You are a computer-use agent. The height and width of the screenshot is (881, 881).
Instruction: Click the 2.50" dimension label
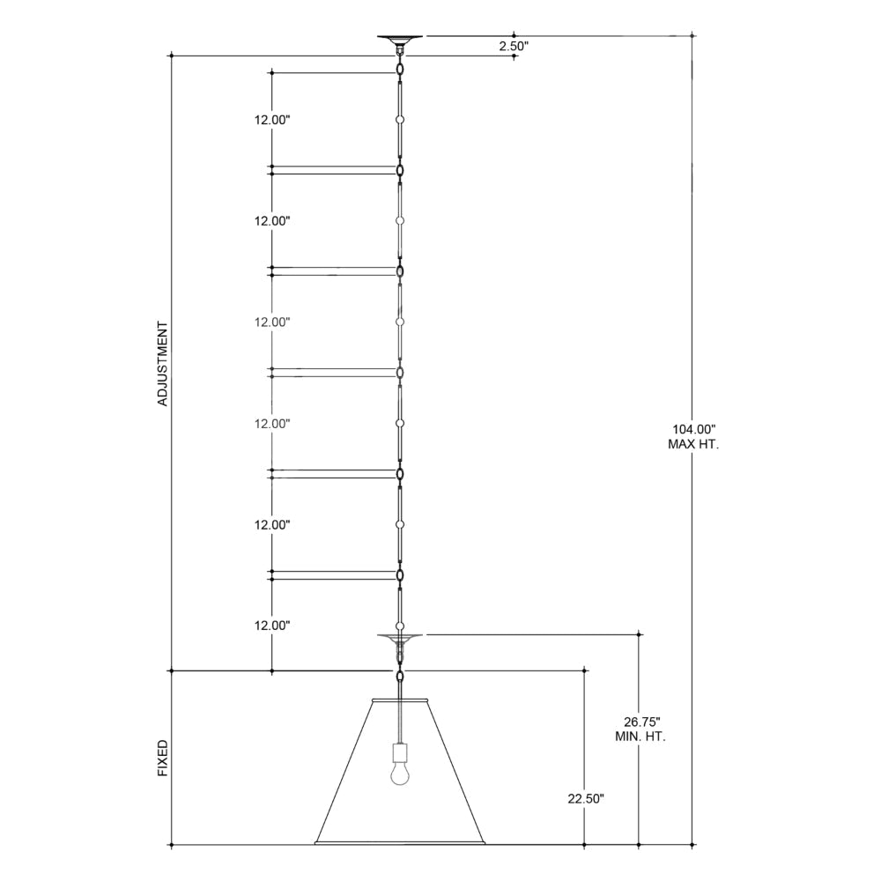coord(515,47)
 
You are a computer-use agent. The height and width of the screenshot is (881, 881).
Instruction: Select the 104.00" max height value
coord(694,430)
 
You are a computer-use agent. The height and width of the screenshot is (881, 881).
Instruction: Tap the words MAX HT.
coord(693,444)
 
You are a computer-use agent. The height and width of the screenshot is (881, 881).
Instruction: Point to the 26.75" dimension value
coord(641,722)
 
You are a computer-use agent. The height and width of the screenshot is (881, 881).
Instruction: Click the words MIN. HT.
coord(640,737)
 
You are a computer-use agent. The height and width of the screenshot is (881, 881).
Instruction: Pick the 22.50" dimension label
coord(586,798)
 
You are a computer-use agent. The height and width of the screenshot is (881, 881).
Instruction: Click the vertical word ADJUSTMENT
coord(162,364)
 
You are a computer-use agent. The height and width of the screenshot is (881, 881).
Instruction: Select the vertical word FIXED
coord(162,759)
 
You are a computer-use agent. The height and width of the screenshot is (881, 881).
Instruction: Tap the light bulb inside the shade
coord(400,772)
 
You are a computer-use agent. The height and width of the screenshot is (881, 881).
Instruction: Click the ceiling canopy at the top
coord(400,40)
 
